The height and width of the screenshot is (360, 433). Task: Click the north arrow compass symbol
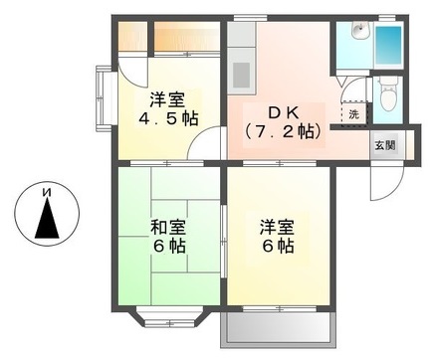[x=44, y=213]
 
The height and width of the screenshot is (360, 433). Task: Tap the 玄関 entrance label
[x=383, y=144]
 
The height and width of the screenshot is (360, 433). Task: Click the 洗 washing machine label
[x=354, y=112]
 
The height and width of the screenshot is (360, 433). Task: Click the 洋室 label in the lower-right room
[x=276, y=225]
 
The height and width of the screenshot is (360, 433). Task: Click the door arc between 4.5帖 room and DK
[x=205, y=149]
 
